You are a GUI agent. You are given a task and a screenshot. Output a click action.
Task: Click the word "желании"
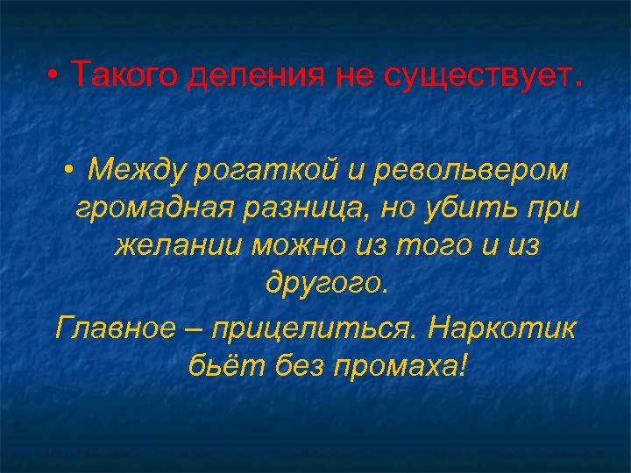click(x=179, y=248)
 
